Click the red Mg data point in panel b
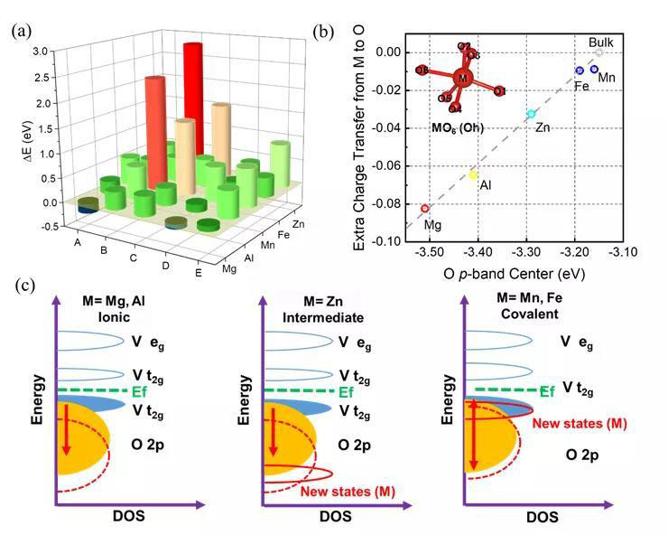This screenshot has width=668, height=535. click(425, 209)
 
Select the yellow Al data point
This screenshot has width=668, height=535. click(473, 174)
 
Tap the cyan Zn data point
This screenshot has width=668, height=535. click(532, 114)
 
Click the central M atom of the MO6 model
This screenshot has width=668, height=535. click(463, 79)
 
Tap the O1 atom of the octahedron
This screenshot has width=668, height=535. click(500, 91)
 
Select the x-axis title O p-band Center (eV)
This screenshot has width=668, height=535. click(524, 272)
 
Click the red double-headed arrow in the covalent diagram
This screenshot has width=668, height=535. click(470, 436)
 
